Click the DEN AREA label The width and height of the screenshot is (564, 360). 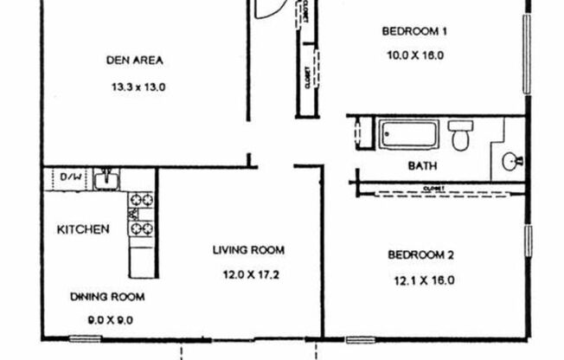135,61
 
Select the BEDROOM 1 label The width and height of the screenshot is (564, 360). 413,33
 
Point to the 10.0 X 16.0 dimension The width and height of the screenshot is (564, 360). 413,55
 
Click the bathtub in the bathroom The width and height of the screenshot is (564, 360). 408,136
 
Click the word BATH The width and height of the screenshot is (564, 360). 422,165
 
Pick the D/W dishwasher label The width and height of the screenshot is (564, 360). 70,178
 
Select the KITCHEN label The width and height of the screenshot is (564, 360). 83,230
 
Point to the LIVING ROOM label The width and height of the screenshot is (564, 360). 249,251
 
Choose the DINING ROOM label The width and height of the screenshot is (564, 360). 107,297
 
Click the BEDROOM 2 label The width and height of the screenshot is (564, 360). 420,255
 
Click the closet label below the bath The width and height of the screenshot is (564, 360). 434,188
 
